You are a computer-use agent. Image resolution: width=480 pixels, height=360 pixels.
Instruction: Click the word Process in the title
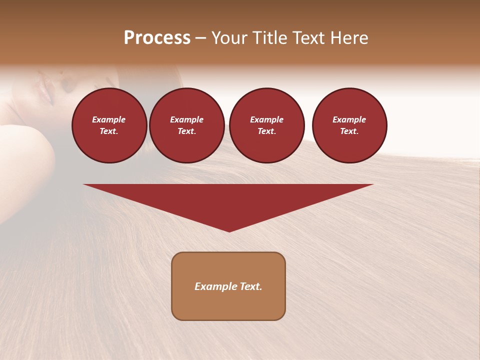click(157, 38)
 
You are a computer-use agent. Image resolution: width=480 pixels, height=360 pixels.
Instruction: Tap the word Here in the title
click(348, 38)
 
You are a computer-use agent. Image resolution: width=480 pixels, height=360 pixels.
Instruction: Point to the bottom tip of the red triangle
click(229, 231)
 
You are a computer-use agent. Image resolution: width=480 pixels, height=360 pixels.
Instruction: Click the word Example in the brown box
click(216, 286)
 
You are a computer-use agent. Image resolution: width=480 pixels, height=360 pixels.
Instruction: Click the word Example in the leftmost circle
click(109, 119)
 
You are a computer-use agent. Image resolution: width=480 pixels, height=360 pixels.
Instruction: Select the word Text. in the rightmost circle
click(349, 131)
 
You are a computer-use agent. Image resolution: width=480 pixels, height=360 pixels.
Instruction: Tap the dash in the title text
click(201, 38)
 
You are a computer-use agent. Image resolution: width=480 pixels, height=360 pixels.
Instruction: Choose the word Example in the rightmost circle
click(349, 119)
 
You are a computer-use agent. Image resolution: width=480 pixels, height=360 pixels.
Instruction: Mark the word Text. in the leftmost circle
click(109, 131)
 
